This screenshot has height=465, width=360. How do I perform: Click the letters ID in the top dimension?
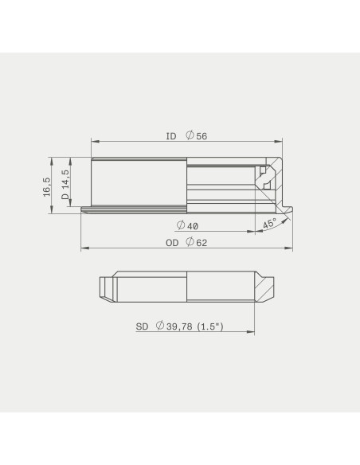click(x=171, y=136)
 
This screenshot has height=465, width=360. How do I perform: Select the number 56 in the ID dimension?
click(x=202, y=136)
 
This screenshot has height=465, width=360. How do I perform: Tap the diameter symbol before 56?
click(x=190, y=135)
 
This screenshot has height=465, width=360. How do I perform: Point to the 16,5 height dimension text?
click(x=47, y=187)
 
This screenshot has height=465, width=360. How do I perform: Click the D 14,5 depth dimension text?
click(x=65, y=185)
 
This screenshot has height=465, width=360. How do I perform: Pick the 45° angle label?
click(x=269, y=224)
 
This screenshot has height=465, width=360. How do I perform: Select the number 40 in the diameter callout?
click(x=193, y=227)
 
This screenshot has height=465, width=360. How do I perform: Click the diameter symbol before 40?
click(x=181, y=225)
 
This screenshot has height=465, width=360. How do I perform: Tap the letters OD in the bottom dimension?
click(x=172, y=243)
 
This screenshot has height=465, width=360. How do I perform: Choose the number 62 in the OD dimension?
click(x=202, y=243)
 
